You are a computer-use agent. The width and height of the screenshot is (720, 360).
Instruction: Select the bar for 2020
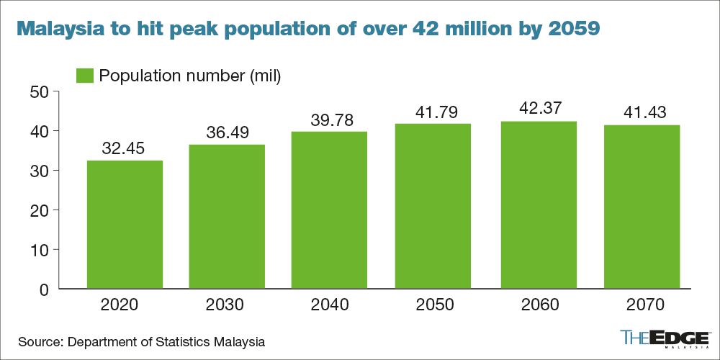124,225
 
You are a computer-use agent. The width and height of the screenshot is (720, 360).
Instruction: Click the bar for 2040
331,210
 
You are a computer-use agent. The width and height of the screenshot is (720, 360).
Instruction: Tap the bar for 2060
539,205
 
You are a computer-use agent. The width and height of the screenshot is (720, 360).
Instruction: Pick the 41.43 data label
642,113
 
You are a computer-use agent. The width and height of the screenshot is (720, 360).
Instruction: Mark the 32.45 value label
124,149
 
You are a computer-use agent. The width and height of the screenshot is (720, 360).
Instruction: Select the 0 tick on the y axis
43,289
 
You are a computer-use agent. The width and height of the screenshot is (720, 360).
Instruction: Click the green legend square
85,75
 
